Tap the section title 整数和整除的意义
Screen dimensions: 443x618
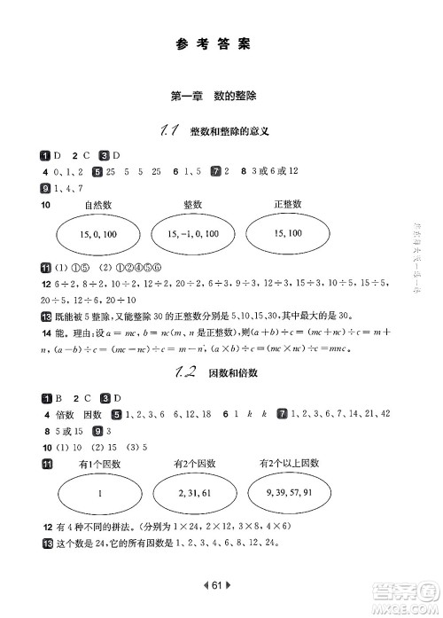229,132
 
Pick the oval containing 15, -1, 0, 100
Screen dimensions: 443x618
193,234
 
